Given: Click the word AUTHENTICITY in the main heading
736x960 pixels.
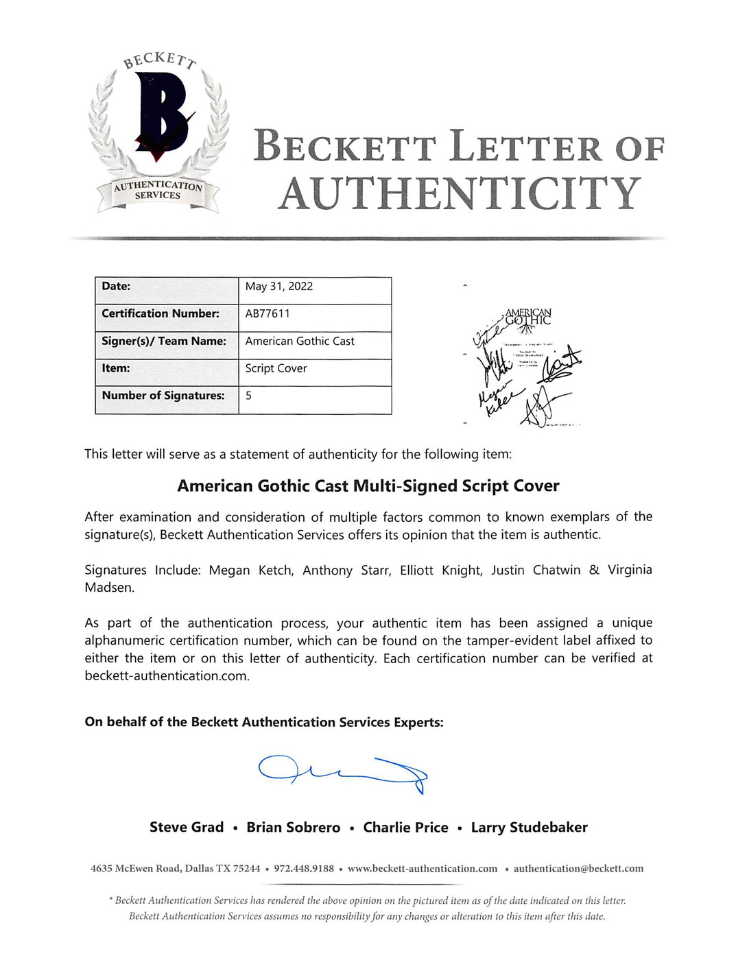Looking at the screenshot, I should pos(459,194).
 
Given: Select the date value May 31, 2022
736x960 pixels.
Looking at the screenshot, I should pos(278,287).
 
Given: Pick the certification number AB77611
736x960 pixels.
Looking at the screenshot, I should pos(268,313).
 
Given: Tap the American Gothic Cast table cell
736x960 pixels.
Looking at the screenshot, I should pos(300,341).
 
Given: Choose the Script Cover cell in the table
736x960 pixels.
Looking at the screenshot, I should pos(276,368).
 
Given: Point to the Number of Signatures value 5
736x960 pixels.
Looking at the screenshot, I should pos(248,396).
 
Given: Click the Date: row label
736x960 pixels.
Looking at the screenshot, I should pos(116,287).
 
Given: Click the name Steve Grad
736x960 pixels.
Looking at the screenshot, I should pos(187,828).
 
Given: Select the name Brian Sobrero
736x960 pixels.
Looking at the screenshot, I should pos(293,828).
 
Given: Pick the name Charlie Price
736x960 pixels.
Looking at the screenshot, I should pos(405,828).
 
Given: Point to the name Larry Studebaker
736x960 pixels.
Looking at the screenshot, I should pos(529,828).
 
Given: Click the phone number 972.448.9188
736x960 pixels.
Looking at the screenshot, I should pos(304,869).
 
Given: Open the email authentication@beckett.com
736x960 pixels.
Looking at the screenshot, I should pos(578,869).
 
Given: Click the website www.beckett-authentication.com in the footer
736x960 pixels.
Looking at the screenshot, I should pos(423,869).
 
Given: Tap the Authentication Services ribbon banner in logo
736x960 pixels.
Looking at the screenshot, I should pos(158,191).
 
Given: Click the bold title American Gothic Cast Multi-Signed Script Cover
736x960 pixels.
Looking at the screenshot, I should pos(368,486).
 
